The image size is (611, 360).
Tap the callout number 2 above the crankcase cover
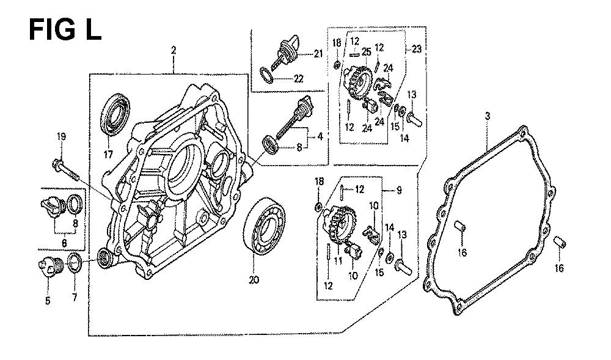coord(174,51)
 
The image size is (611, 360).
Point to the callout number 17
coord(108,155)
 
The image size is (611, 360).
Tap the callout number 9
coord(398,190)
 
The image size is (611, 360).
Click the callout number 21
coord(318,54)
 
